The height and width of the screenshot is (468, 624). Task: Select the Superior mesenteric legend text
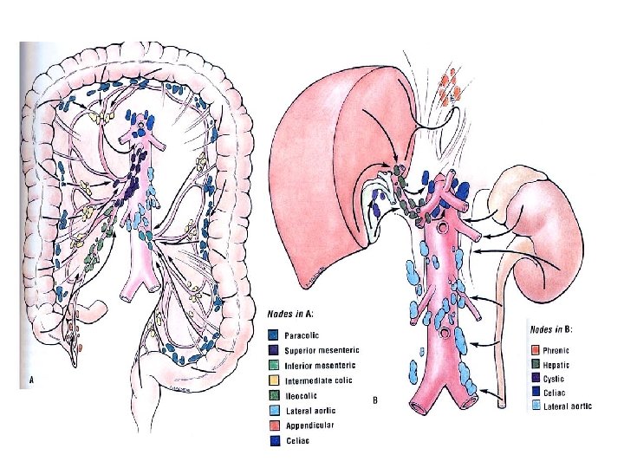pyautogui.click(x=322, y=349)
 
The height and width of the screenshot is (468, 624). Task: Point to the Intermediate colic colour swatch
pyautogui.click(x=273, y=380)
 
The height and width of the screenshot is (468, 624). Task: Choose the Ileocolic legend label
pyautogui.click(x=300, y=395)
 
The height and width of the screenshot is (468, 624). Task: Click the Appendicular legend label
pyautogui.click(x=309, y=426)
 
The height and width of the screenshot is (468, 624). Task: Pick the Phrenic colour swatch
pyautogui.click(x=536, y=350)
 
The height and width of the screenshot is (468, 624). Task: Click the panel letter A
pyautogui.click(x=31, y=380)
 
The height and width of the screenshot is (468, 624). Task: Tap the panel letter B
pyautogui.click(x=374, y=400)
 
